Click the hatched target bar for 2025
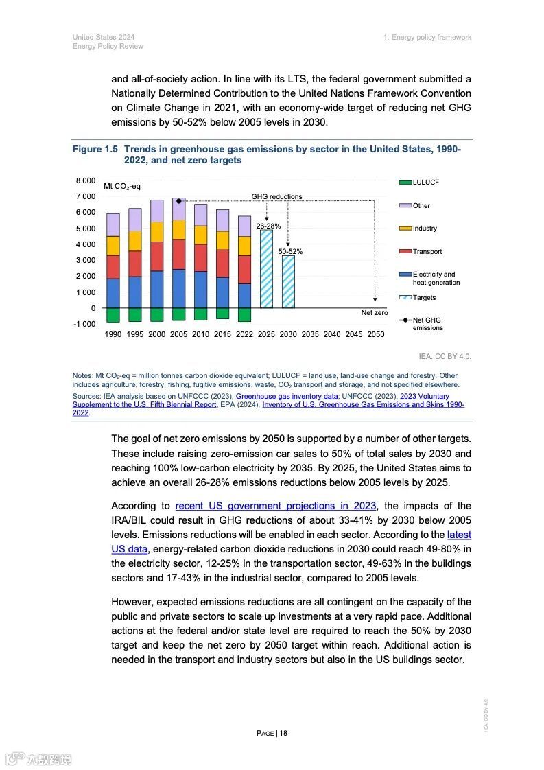pos(266,269)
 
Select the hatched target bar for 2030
pos(288,281)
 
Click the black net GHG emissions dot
pos(178,201)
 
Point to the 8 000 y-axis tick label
pos(86,180)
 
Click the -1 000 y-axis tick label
pos(84,324)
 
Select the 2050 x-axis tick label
pos(376,334)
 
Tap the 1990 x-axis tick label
pos(113,334)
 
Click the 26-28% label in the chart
pos(268,226)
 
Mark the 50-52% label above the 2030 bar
pos(290,252)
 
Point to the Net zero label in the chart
pos(375,313)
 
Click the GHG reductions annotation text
pos(276,196)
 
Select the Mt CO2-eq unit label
pos(122,187)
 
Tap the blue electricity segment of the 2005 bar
pos(178,288)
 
